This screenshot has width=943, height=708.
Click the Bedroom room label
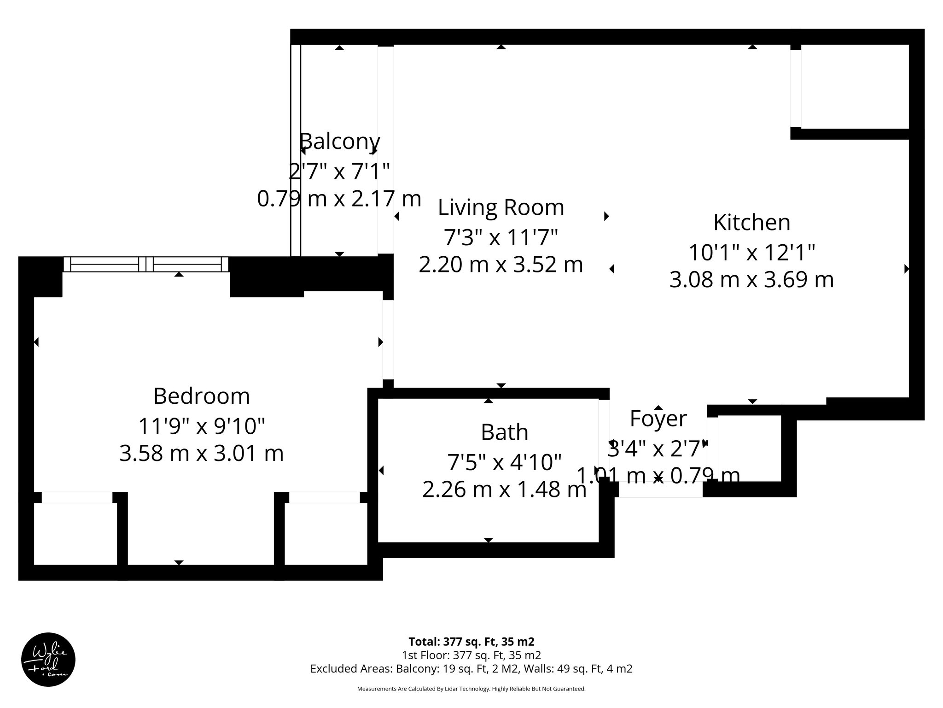click(x=201, y=396)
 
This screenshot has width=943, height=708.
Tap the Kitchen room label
click(x=751, y=222)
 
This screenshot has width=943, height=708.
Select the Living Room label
click(x=501, y=207)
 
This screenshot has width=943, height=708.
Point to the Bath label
click(x=504, y=432)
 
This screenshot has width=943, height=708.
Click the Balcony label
click(x=340, y=141)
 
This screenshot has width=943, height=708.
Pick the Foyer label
click(x=658, y=419)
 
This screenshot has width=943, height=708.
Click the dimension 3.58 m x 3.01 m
click(x=201, y=453)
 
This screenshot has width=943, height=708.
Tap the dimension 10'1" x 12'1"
click(x=751, y=253)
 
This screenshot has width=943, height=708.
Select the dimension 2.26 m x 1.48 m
click(x=504, y=490)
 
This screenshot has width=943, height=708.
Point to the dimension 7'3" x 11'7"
click(x=501, y=238)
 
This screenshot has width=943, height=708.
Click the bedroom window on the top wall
click(x=146, y=264)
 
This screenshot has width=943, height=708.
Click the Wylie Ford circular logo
click(x=48, y=659)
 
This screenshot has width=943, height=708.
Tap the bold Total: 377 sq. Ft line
click(x=471, y=642)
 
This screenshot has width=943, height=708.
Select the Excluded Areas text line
click(x=471, y=669)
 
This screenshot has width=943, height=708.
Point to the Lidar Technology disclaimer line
click(x=471, y=689)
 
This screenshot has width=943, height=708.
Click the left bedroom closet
click(x=76, y=533)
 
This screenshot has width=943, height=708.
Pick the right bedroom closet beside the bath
click(x=326, y=533)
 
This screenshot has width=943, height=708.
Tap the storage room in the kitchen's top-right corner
click(x=855, y=86)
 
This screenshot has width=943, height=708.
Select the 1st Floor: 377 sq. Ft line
click(x=471, y=655)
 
